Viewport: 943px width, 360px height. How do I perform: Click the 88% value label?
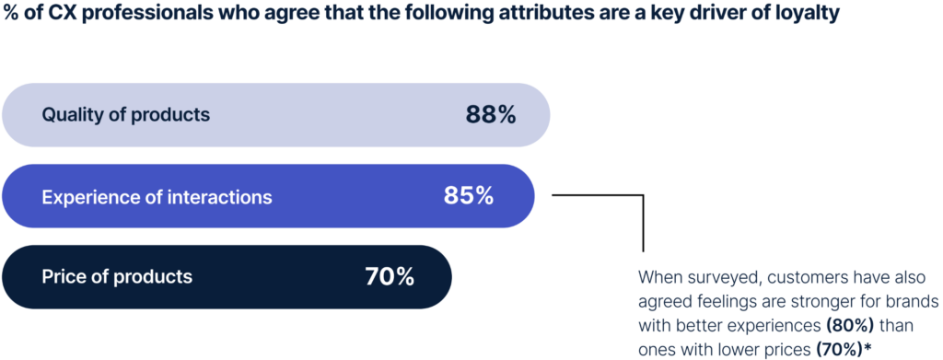coord(490,115)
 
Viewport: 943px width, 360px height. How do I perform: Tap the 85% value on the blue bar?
coord(468,196)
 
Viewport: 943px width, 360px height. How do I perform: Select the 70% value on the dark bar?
coord(390,276)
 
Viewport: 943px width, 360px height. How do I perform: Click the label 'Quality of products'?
coord(126,115)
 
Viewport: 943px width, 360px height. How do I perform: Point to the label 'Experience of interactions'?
coord(157,196)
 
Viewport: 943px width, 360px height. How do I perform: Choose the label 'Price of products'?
coord(117,276)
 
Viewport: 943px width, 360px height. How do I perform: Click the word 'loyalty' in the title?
coord(808,17)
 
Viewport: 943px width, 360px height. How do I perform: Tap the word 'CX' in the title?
coord(52,17)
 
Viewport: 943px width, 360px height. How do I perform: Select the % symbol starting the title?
coord(11,17)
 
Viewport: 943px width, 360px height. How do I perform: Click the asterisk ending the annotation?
coord(867,347)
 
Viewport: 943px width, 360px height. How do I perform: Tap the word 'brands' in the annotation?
coord(913,301)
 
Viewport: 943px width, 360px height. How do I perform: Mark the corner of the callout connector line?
coord(643,195)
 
